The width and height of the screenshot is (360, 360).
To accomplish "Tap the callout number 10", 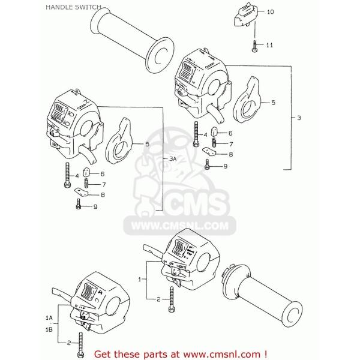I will pos(269,12).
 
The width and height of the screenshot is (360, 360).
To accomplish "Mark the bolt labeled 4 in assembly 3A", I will pos(65,176).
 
